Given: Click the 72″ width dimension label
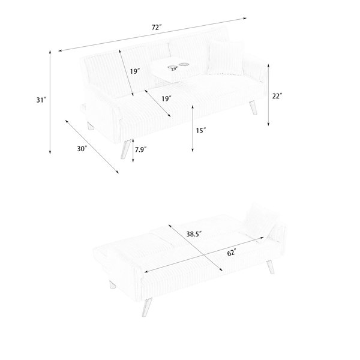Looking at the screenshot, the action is (157, 28).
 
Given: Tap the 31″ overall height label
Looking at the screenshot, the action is (41, 100).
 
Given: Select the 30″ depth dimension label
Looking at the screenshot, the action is (82, 149).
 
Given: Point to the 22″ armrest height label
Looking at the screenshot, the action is (277, 96).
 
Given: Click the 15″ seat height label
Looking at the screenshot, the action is (201, 131).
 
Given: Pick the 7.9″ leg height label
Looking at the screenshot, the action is (141, 149).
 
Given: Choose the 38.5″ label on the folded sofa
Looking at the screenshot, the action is (194, 234).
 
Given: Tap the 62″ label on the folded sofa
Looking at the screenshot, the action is (232, 253).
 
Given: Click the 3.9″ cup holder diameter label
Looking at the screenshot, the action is (173, 69).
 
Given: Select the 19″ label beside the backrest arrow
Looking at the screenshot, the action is (135, 71).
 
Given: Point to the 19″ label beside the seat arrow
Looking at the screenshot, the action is (166, 99).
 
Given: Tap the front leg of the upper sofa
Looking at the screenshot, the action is (126, 149).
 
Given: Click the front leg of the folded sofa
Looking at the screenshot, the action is (148, 307).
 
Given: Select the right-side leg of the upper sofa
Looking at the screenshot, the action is (253, 108).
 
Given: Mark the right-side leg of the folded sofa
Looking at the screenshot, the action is (270, 267).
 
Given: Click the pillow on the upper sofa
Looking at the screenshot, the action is (226, 58).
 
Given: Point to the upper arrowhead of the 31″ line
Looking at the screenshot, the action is (50, 52).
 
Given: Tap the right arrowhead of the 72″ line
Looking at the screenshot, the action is (245, 19).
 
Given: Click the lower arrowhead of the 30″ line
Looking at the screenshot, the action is (118, 172).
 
